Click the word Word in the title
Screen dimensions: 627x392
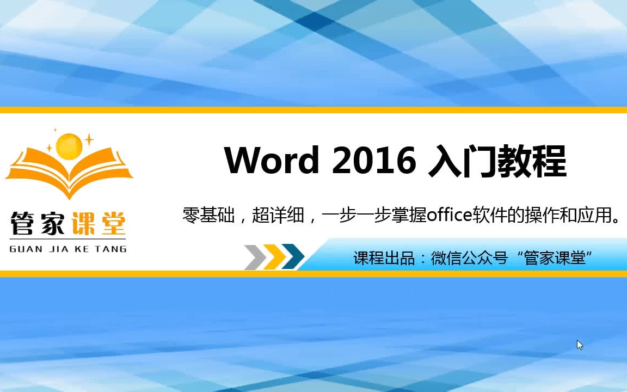pos(272,160)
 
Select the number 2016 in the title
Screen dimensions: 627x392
pos(374,161)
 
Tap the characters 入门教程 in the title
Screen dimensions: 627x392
pos(497,161)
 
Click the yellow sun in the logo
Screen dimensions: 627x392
pos(69,146)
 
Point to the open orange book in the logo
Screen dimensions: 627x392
pos(69,172)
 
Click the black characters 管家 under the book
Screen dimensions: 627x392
pos(37,223)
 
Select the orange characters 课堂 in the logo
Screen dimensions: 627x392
pos(99,223)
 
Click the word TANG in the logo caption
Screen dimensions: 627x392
pos(111,249)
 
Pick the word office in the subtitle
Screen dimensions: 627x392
pos(450,215)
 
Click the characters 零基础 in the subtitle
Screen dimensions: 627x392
pos(208,215)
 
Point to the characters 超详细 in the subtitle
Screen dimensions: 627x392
pos(278,215)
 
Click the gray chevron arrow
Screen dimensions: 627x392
pos(256,256)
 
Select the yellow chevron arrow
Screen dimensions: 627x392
pos(275,256)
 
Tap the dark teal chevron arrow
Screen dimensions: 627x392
pos(293,256)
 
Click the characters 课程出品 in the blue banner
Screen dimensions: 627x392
pos(384,258)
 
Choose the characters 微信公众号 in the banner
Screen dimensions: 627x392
pos(469,258)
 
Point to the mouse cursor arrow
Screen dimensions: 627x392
pos(580,345)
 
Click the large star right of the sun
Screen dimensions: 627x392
pos(89,139)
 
